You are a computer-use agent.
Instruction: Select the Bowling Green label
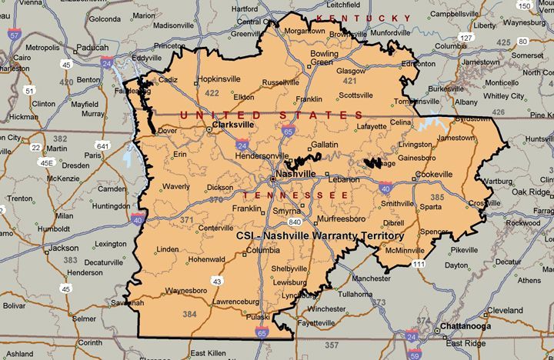(324, 58)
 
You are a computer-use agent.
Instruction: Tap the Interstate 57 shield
(13, 34)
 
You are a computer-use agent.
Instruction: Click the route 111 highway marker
(418, 264)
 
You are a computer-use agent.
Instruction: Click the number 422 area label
(212, 93)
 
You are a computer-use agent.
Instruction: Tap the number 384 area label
(191, 314)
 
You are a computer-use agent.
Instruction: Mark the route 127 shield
(464, 36)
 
